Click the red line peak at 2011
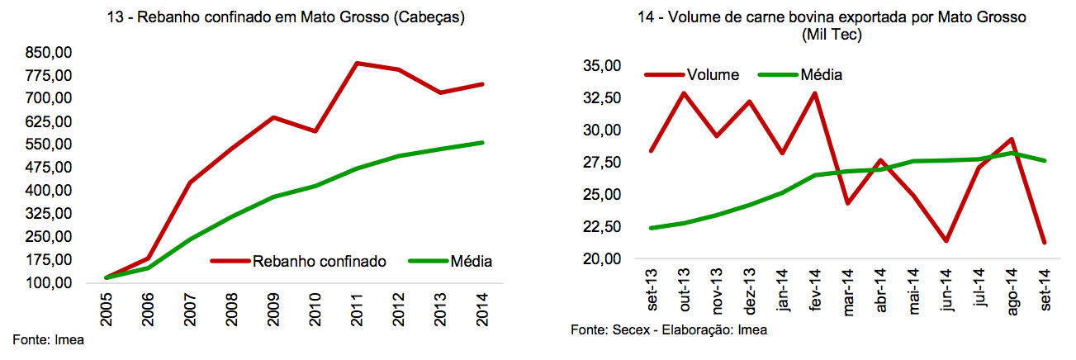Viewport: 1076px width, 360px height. (356, 63)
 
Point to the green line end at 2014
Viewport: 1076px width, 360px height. (482, 143)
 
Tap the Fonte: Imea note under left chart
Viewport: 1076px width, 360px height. (48, 339)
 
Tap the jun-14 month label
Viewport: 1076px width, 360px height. (946, 290)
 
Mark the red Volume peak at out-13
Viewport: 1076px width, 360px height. (685, 92)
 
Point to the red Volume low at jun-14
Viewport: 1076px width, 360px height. (946, 241)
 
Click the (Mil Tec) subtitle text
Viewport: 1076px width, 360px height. (833, 35)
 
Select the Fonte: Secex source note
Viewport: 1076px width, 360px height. (668, 329)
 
